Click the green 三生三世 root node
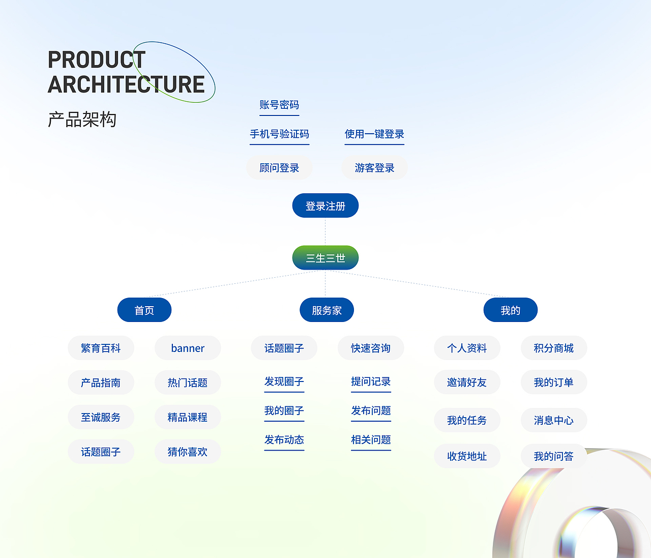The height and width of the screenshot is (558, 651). click(325, 258)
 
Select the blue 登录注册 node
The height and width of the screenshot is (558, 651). click(325, 206)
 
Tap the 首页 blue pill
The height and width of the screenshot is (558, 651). click(144, 310)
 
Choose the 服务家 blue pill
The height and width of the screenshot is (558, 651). click(327, 310)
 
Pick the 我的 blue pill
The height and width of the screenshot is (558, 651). click(510, 310)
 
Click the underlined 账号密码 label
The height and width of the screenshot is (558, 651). click(279, 105)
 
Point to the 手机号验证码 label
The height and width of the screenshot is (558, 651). click(279, 134)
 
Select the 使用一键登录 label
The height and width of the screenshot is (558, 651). click(374, 134)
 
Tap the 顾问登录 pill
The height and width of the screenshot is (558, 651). click(279, 168)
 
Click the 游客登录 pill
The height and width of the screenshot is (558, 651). click(374, 168)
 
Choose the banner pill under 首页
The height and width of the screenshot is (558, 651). click(188, 348)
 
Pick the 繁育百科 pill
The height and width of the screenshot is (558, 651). click(101, 348)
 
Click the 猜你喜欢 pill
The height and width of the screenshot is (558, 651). click(188, 452)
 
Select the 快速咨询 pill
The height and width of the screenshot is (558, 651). click(371, 348)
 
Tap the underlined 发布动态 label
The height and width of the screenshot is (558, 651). click(284, 440)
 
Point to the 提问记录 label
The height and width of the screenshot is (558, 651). click(371, 382)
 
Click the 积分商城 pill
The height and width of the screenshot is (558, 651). click(554, 348)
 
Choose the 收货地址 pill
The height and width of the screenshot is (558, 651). click(467, 456)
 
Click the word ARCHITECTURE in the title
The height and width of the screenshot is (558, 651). click(126, 84)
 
